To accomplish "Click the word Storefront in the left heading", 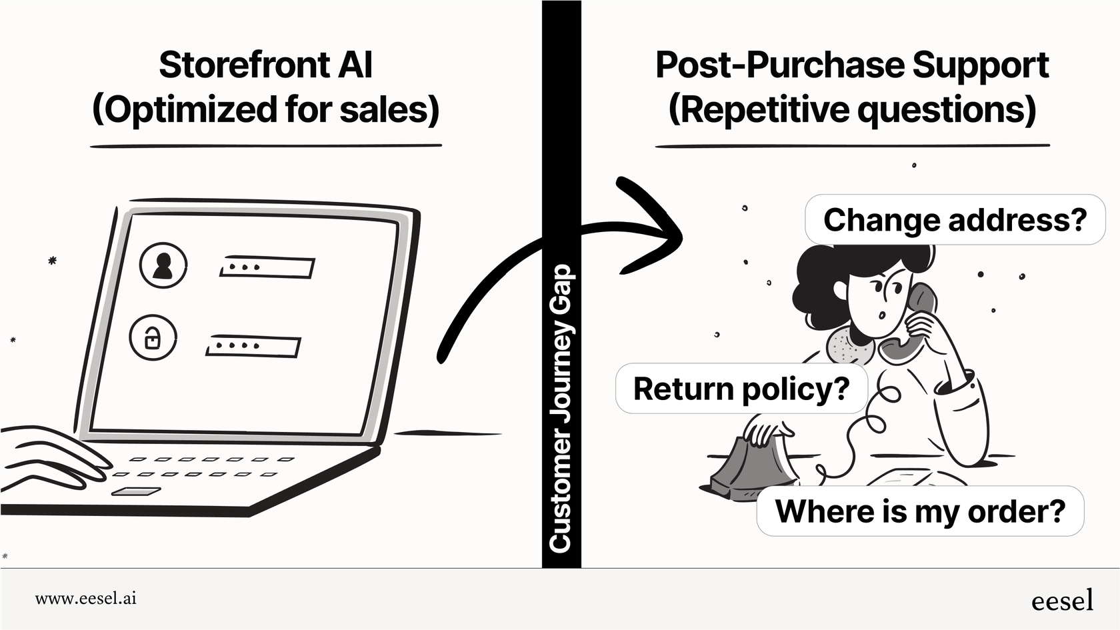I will point(243,65).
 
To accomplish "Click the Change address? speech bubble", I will point(954,220).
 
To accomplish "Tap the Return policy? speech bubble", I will point(741,389).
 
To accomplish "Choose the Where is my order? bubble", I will point(919,511).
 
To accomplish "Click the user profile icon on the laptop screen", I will point(163,265).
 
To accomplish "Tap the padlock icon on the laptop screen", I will point(153,339).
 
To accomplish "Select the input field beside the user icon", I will point(267,267).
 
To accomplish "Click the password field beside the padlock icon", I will point(253,347).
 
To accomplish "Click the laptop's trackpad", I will point(136,492).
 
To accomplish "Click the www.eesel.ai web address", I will point(85,599).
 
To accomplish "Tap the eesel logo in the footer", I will point(1062,601).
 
